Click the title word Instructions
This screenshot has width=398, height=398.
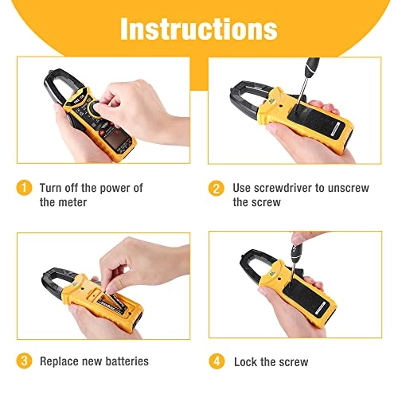pyautogui.click(x=199, y=29)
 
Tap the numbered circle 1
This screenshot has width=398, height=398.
pyautogui.click(x=24, y=188)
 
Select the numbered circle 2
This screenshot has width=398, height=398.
pyautogui.click(x=217, y=189)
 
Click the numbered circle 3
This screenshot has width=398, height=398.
pyautogui.click(x=24, y=361)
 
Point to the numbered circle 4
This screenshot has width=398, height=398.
pyautogui.click(x=217, y=361)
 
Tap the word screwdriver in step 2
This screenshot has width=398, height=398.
pyautogui.click(x=283, y=188)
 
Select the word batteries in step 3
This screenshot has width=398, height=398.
pyautogui.click(x=127, y=361)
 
